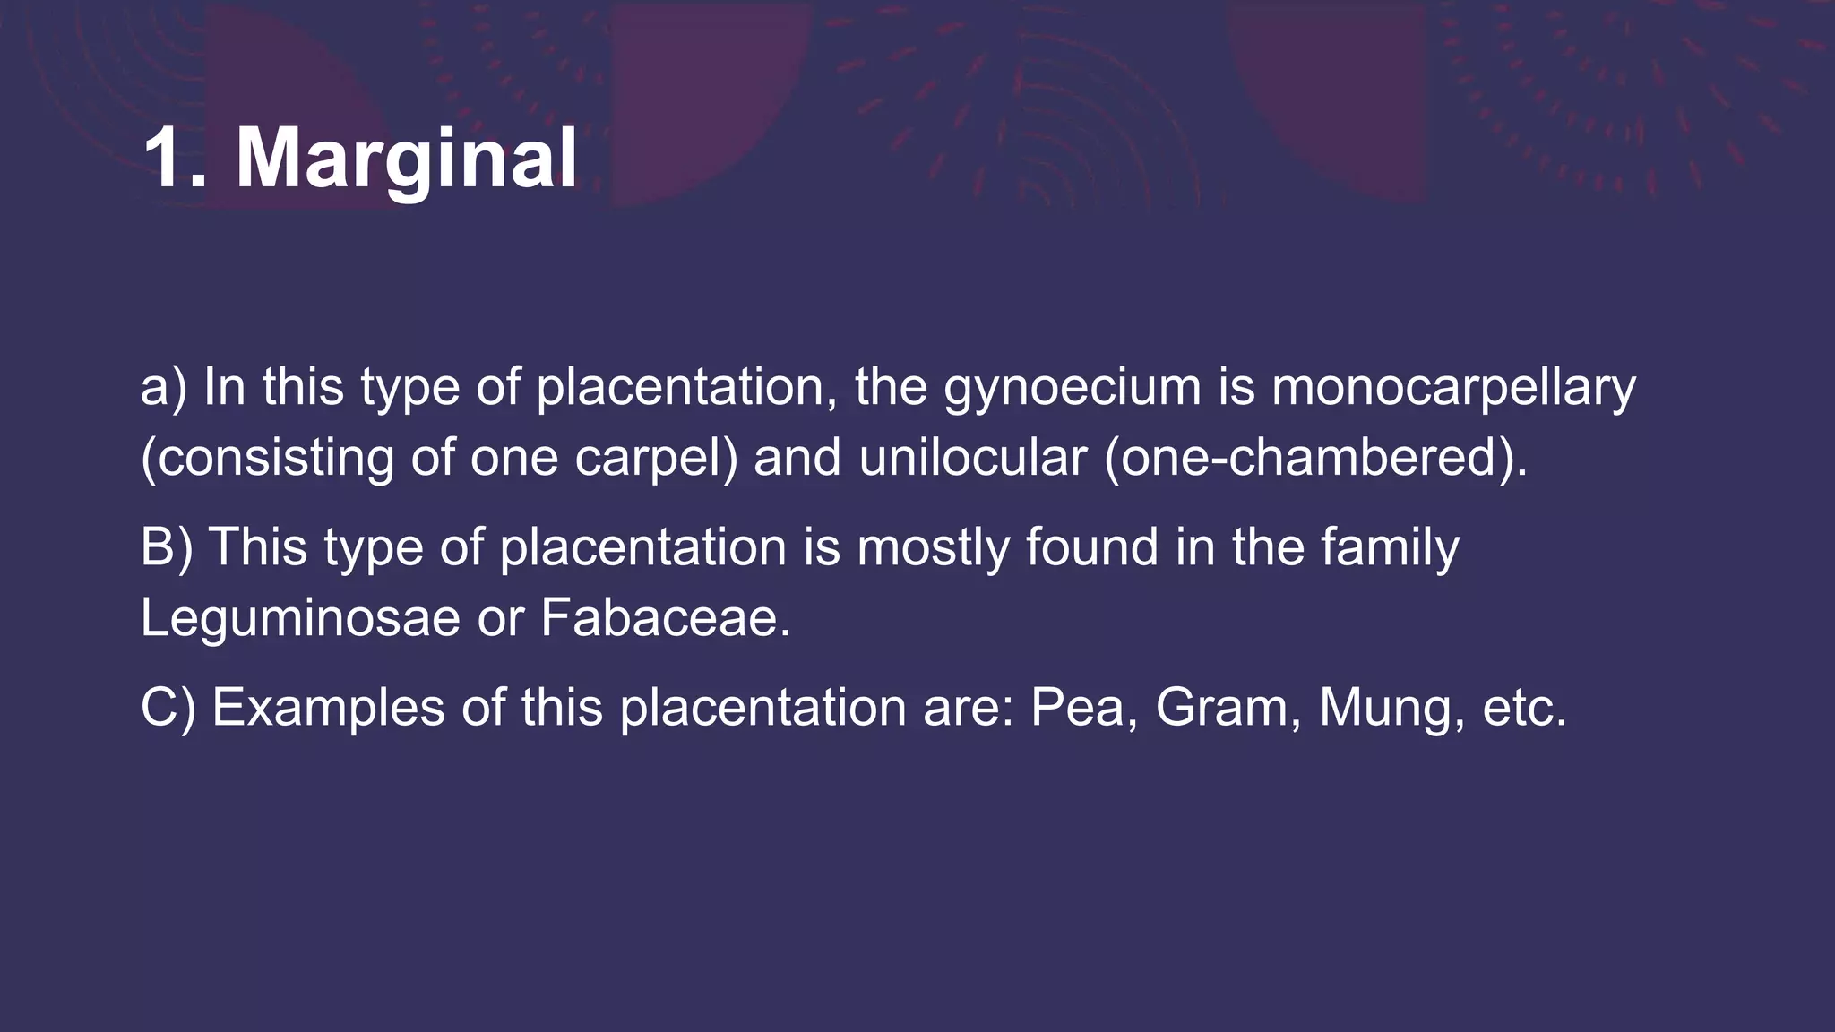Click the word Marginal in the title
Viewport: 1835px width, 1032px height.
[406, 159]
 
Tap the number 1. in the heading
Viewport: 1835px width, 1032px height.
[176, 158]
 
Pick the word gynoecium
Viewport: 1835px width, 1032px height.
[1072, 389]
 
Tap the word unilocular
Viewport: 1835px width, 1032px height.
[972, 457]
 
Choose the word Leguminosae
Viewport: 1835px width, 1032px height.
[300, 617]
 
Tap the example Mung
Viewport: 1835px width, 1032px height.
[1392, 709]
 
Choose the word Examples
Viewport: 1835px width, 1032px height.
[328, 708]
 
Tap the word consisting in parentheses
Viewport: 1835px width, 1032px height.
[268, 458]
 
